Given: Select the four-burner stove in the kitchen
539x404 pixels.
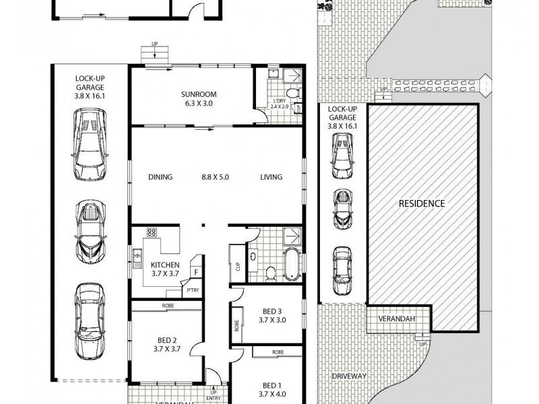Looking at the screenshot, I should click(x=152, y=233).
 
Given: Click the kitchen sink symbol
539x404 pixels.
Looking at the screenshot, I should click(x=137, y=255).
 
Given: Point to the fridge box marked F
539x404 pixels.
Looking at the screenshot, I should click(x=197, y=272).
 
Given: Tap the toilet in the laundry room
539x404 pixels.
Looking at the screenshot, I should click(x=291, y=94).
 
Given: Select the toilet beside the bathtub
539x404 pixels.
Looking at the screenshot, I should click(x=271, y=273).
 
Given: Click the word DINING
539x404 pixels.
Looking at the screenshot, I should click(x=160, y=178).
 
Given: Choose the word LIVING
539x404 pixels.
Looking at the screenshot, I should click(x=272, y=178).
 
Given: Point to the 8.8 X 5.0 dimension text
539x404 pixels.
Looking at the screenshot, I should click(x=216, y=178).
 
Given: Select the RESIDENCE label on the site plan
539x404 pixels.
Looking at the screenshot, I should click(x=421, y=203).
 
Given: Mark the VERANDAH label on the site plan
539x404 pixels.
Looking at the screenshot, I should click(x=396, y=318).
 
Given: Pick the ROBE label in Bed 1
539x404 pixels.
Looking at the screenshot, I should click(x=278, y=352).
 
